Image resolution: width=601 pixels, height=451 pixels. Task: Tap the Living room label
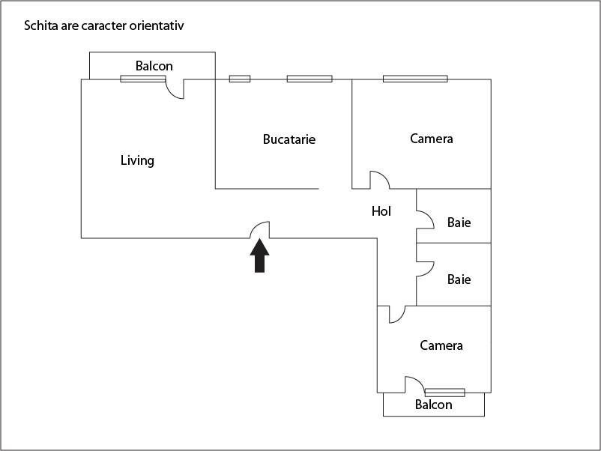point(137,160)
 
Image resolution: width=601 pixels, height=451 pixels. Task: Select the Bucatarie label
point(289,139)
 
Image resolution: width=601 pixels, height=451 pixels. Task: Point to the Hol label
point(381,211)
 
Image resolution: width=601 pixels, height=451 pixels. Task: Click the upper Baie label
point(459,223)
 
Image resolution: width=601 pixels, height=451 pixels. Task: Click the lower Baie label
point(459,279)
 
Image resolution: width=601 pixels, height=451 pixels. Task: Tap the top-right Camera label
point(432,139)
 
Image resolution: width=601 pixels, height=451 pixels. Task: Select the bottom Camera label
point(441,345)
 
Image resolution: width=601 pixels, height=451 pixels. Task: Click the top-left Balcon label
point(154,66)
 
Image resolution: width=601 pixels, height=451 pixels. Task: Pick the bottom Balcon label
point(434,405)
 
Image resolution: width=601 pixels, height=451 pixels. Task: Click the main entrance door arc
point(260,229)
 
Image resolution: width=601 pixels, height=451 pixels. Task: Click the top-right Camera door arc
point(379,180)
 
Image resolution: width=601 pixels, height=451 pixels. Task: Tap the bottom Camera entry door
point(396,314)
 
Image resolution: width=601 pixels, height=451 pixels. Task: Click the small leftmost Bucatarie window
point(240,79)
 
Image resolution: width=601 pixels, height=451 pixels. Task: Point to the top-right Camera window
point(415,79)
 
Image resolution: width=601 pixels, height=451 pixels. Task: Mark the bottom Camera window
point(444,392)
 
